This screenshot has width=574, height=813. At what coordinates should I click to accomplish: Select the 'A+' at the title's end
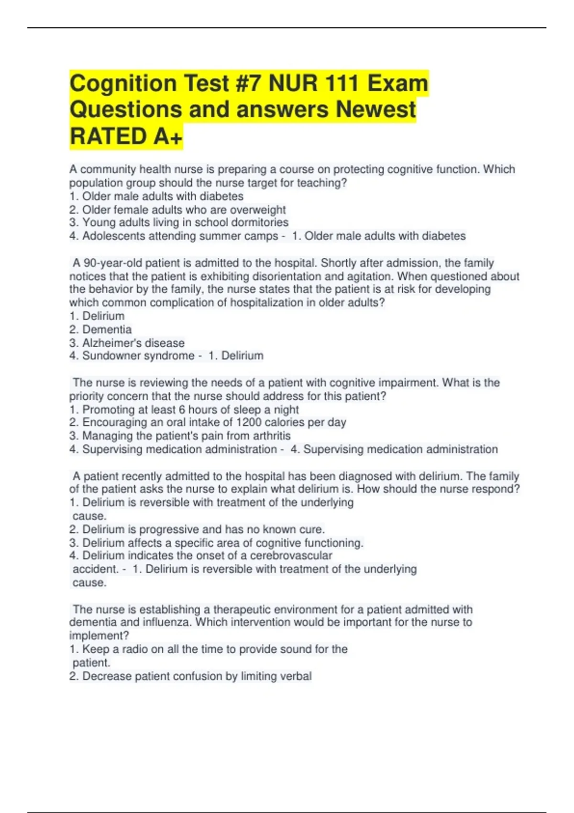click(168, 136)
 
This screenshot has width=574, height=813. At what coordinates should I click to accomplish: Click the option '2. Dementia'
click(100, 330)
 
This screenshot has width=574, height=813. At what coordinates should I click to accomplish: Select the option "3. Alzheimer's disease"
click(127, 343)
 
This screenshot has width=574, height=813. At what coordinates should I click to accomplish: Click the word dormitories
click(260, 223)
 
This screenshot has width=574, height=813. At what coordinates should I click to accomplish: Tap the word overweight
click(258, 210)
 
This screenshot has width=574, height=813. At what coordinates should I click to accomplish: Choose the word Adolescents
click(113, 236)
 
